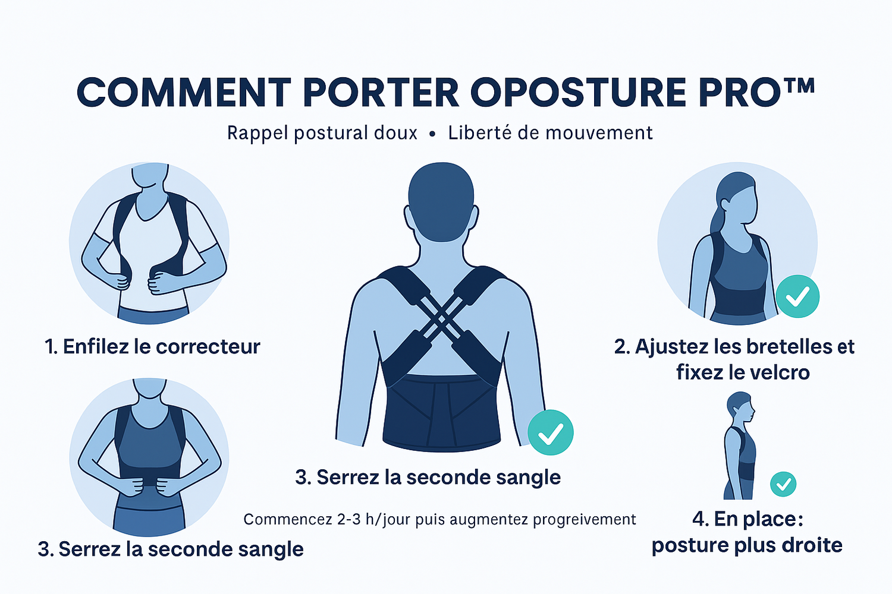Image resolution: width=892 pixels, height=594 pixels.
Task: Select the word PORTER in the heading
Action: coord(381,92)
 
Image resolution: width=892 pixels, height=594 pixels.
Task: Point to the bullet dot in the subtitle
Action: coord(432,134)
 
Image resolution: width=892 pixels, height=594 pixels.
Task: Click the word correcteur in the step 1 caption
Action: coord(208,346)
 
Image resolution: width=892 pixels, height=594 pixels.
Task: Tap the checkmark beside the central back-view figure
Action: coord(551,432)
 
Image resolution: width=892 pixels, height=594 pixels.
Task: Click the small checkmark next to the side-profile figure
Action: coord(783,484)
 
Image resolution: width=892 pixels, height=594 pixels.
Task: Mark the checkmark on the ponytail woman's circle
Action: coord(797,296)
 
